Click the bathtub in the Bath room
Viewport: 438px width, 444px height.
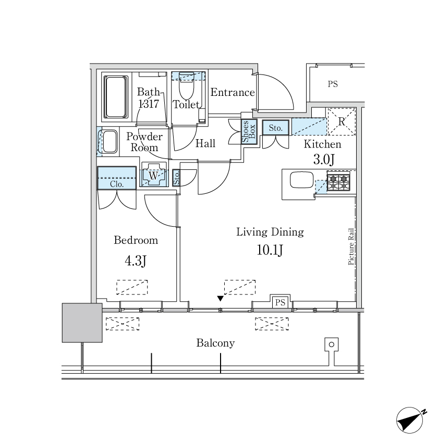[x=115, y=97]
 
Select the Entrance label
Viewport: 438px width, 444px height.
[x=233, y=92]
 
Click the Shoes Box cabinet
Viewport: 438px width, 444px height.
[x=249, y=132]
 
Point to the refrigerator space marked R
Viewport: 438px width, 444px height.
[x=342, y=121]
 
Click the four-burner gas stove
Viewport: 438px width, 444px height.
[x=338, y=181]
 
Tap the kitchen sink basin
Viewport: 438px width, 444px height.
[x=301, y=180]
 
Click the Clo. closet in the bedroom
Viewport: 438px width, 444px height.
[x=117, y=178]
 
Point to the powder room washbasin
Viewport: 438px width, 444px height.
[x=109, y=142]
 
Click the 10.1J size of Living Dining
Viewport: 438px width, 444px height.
[x=270, y=250]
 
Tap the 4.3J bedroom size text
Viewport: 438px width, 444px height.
[x=136, y=261]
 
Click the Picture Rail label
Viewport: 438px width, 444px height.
[x=351, y=246]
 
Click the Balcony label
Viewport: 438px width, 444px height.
[x=215, y=343]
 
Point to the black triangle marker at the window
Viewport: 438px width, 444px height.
[x=221, y=299]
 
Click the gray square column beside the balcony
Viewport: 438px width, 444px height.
[x=82, y=323]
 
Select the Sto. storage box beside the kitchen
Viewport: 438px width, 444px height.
[x=276, y=128]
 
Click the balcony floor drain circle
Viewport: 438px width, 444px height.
[x=332, y=344]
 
